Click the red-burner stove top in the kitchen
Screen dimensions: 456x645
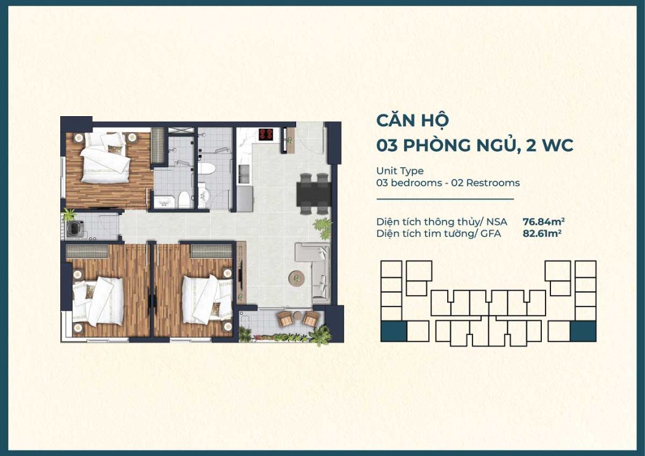click(267, 133)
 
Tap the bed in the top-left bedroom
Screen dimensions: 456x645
click(105, 158)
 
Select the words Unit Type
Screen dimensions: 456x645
click(400, 171)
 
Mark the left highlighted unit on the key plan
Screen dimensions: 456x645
click(393, 331)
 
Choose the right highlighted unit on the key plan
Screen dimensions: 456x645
click(583, 331)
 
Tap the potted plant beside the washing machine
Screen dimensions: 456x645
click(68, 214)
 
